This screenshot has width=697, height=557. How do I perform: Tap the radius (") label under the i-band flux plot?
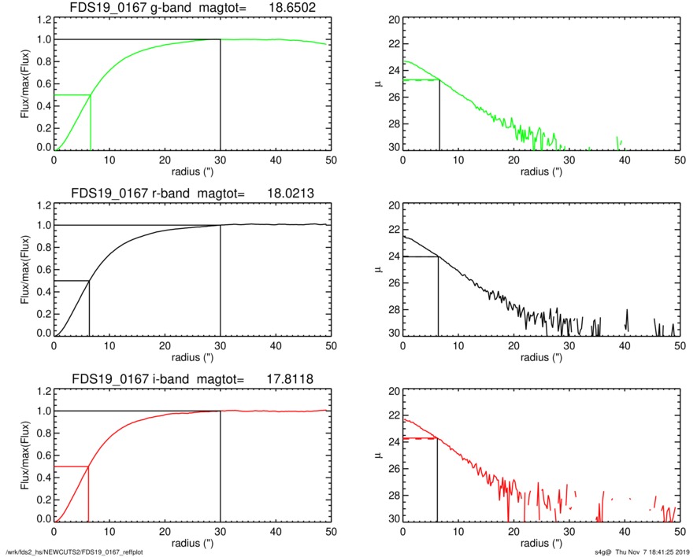click(192, 543)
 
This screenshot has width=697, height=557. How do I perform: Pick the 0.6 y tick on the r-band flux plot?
click(39, 271)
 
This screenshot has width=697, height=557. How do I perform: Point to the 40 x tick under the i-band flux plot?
click(276, 531)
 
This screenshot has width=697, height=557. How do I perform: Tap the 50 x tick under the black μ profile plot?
click(680, 345)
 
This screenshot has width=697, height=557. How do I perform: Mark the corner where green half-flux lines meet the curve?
click(91, 95)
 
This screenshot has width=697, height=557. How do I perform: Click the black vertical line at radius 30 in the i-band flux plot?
click(220, 464)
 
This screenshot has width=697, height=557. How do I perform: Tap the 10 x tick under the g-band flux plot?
click(109, 160)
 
